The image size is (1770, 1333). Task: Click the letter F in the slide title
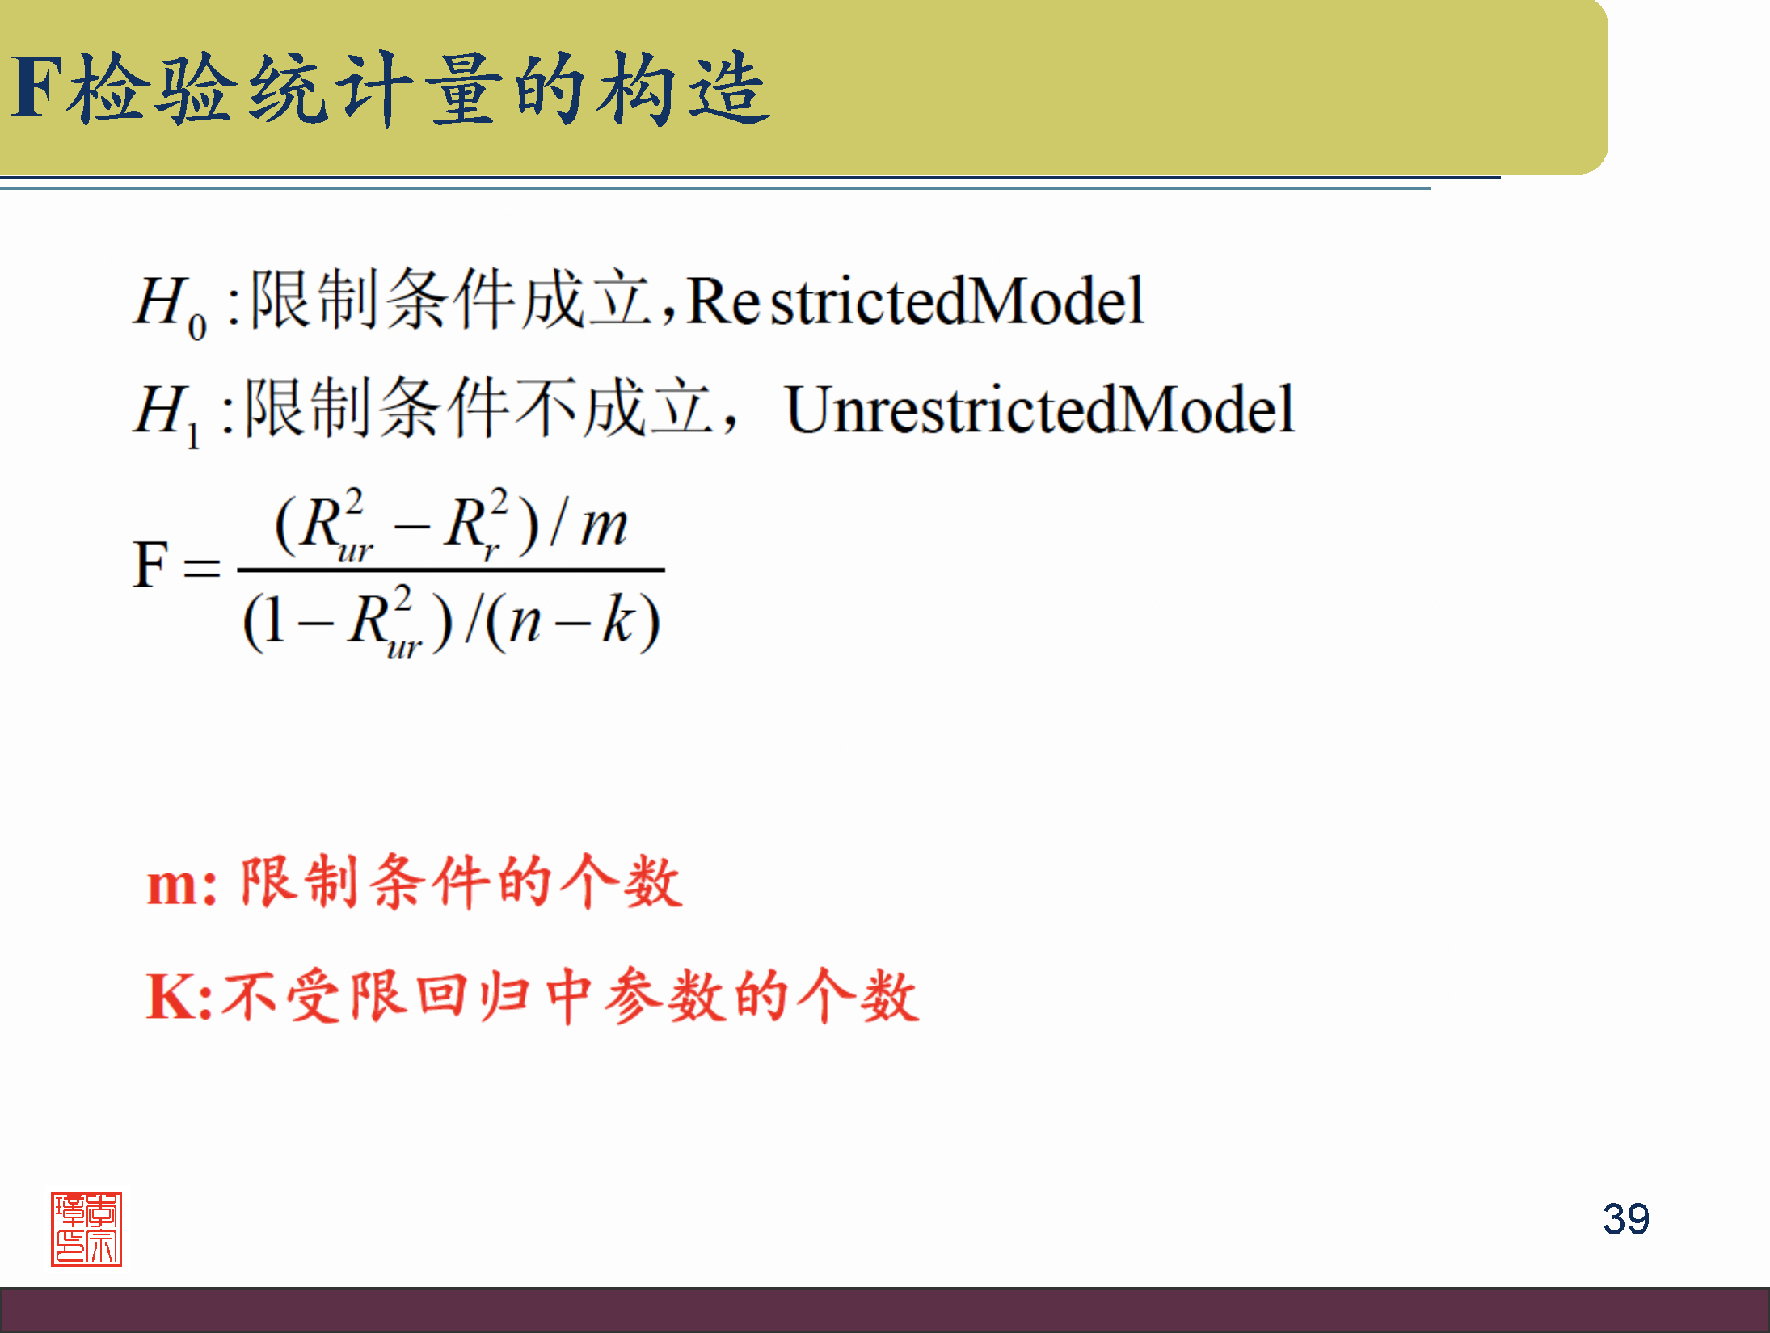coord(37,87)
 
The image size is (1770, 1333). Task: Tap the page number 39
coord(1625,1218)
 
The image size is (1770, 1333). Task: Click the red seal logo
coord(86,1228)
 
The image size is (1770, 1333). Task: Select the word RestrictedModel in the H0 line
coord(915,301)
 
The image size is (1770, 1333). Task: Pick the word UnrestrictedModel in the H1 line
coord(1039,410)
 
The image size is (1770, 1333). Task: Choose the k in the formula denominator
coord(620,620)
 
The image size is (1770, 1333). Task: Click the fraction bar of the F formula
coord(450,570)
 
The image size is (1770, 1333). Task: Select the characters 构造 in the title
coord(684,89)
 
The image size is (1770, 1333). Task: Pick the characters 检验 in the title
coord(154,89)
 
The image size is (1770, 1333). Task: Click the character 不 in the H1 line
coord(545,409)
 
